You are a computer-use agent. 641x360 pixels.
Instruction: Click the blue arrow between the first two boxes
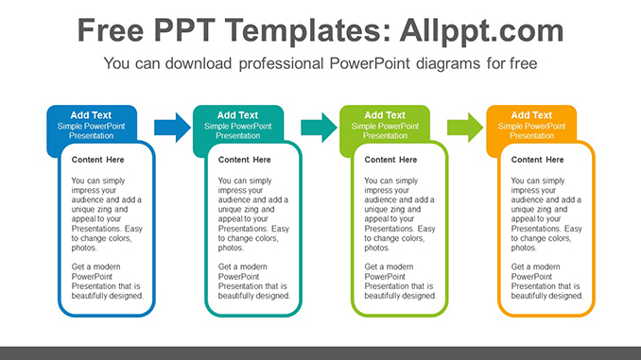(x=171, y=126)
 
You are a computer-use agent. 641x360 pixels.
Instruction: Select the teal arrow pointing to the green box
(x=318, y=126)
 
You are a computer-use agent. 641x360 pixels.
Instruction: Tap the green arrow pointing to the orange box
(x=464, y=126)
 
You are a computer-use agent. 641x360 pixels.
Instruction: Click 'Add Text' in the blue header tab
(x=91, y=115)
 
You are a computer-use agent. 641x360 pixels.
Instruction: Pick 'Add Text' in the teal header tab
(x=237, y=115)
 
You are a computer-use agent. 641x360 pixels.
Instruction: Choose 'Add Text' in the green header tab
(x=385, y=115)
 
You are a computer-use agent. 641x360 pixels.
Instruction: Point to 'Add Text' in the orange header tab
(x=531, y=115)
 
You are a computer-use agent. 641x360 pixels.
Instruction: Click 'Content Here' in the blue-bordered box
(x=97, y=160)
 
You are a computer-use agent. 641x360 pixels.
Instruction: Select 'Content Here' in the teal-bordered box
(x=244, y=160)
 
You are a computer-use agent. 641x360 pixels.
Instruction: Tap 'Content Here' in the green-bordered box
(x=390, y=160)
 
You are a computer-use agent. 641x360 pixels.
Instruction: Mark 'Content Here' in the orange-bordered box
(x=537, y=160)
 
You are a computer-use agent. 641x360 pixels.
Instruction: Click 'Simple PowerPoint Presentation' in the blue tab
(x=91, y=130)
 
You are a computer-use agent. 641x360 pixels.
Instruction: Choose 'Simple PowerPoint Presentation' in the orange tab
(x=531, y=130)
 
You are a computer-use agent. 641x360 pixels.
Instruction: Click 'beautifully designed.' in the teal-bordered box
(x=253, y=296)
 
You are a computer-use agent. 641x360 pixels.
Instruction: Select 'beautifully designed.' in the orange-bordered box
(x=546, y=296)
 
